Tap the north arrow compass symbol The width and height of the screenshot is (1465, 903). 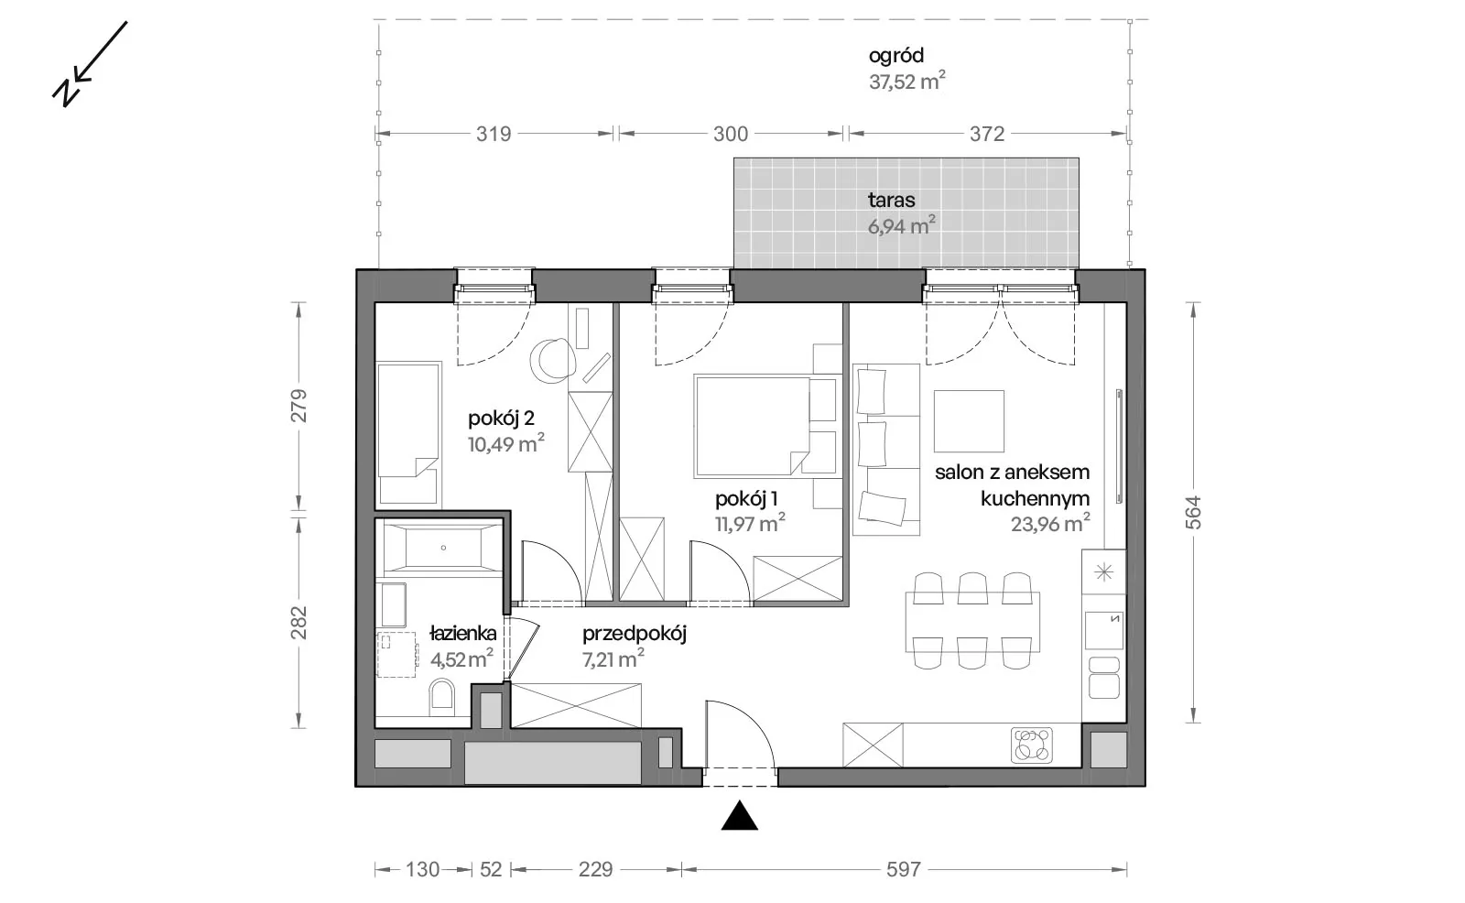point(90,64)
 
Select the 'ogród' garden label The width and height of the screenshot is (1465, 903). point(896,56)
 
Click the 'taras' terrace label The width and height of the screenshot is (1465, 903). point(892,200)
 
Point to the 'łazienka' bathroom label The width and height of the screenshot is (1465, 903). point(463,634)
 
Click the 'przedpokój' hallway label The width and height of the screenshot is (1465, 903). point(635,634)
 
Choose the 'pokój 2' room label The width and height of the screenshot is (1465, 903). point(501,419)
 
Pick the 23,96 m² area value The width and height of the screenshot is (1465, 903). point(1050,524)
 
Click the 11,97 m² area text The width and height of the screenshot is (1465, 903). point(750,524)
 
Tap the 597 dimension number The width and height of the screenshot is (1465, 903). point(904,870)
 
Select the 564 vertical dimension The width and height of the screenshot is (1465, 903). point(1194,513)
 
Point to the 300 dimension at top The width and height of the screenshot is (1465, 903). point(731,134)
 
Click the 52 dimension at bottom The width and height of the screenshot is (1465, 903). point(491,870)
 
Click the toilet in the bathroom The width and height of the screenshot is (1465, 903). point(442,696)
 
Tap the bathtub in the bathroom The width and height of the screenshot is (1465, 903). point(443,548)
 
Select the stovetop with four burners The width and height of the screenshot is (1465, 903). point(1031,745)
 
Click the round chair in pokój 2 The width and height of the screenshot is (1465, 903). point(553,361)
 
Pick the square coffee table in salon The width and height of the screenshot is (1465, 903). point(969,421)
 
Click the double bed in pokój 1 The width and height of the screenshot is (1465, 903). point(766,425)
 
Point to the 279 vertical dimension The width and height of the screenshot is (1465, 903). point(298,406)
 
